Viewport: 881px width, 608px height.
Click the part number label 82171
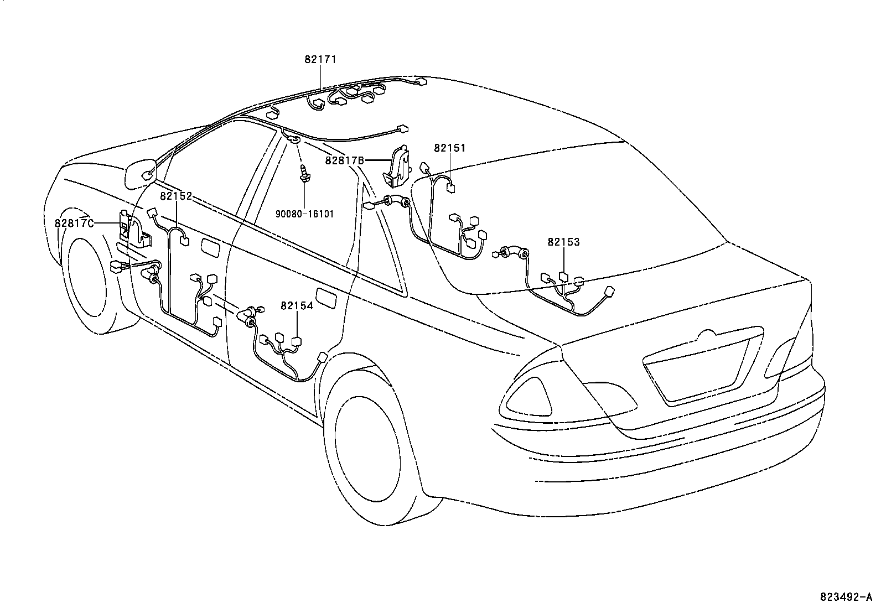(x=320, y=59)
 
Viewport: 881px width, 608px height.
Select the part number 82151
(x=449, y=148)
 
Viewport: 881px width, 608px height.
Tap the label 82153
(x=563, y=242)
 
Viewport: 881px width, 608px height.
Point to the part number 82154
(x=297, y=305)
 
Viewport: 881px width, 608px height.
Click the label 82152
(x=176, y=196)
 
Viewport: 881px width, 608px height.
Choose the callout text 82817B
(x=344, y=160)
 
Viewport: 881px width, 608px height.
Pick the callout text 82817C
(x=74, y=223)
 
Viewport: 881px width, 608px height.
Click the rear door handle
(x=326, y=298)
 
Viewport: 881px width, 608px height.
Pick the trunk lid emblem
(x=707, y=335)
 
